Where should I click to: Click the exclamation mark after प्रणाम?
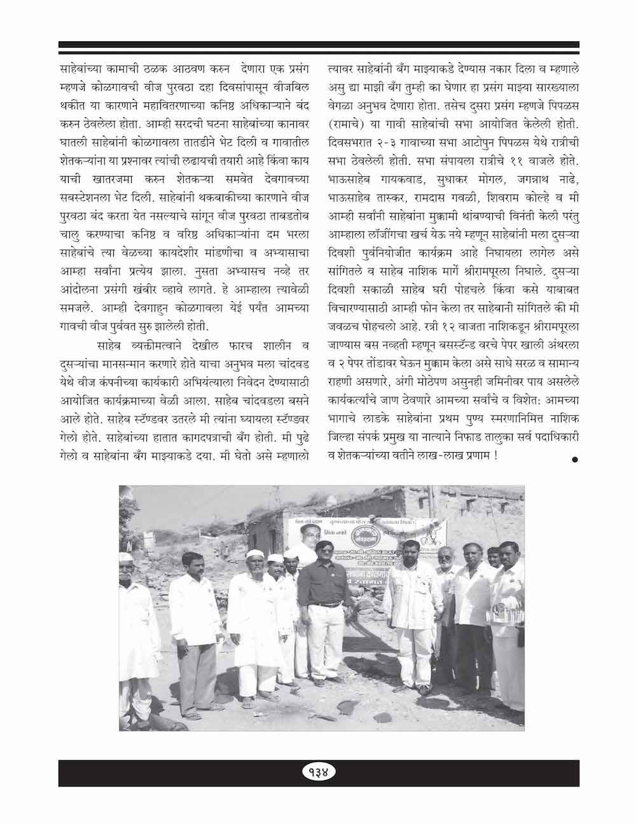(x=495, y=457)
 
